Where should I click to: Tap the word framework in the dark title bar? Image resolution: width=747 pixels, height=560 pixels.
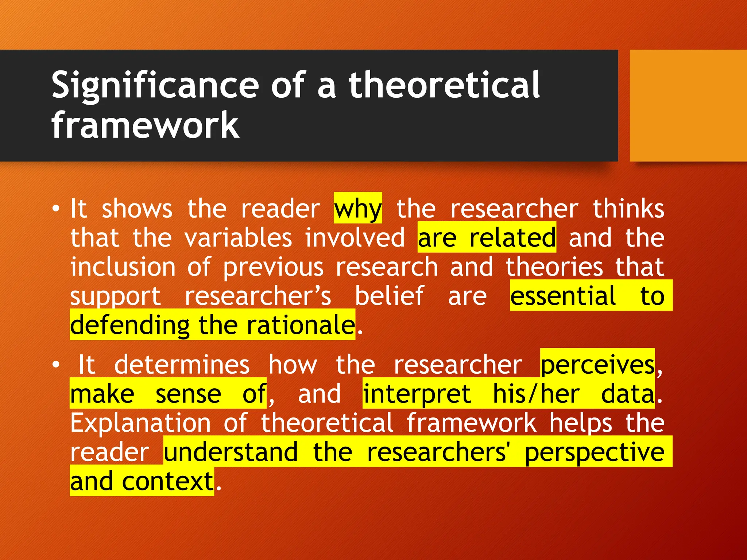pyautogui.click(x=145, y=125)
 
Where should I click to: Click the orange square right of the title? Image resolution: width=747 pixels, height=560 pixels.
pyautogui.click(x=688, y=105)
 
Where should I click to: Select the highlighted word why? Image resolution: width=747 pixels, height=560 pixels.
pyautogui.click(x=357, y=209)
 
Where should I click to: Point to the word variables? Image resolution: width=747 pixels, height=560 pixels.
pyautogui.click(x=238, y=238)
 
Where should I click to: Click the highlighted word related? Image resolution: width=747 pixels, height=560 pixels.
pyautogui.click(x=512, y=238)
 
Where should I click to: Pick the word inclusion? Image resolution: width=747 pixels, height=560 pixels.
pyautogui.click(x=123, y=267)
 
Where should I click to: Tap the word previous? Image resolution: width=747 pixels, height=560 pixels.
pyautogui.click(x=273, y=268)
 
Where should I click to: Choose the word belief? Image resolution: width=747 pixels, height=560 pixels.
pyautogui.click(x=389, y=296)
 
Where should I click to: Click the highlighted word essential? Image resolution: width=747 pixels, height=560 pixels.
pyautogui.click(x=563, y=296)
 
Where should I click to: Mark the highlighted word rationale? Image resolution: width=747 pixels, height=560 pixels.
pyautogui.click(x=300, y=325)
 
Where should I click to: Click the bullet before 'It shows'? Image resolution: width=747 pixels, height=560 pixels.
pyautogui.click(x=55, y=209)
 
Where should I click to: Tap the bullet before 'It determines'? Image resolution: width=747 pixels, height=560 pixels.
pyautogui.click(x=55, y=365)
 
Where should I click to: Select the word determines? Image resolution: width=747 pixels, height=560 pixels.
pyautogui.click(x=182, y=365)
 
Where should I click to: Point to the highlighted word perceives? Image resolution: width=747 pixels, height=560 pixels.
pyautogui.click(x=597, y=365)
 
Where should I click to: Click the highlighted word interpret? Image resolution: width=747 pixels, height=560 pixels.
pyautogui.click(x=417, y=394)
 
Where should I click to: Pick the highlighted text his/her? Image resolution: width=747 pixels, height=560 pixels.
pyautogui.click(x=536, y=394)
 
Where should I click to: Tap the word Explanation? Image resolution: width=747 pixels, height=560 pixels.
pyautogui.click(x=140, y=423)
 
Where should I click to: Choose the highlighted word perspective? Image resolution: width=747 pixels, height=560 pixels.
pyautogui.click(x=594, y=452)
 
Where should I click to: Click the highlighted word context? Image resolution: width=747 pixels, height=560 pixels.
pyautogui.click(x=167, y=481)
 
